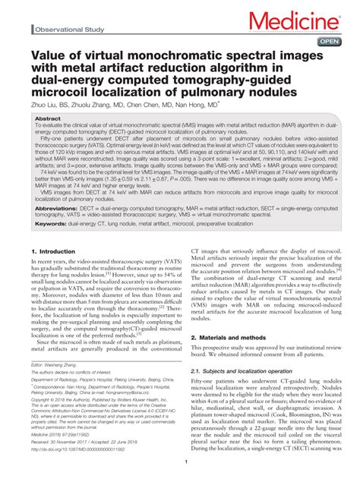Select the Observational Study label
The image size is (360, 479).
[68, 30]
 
